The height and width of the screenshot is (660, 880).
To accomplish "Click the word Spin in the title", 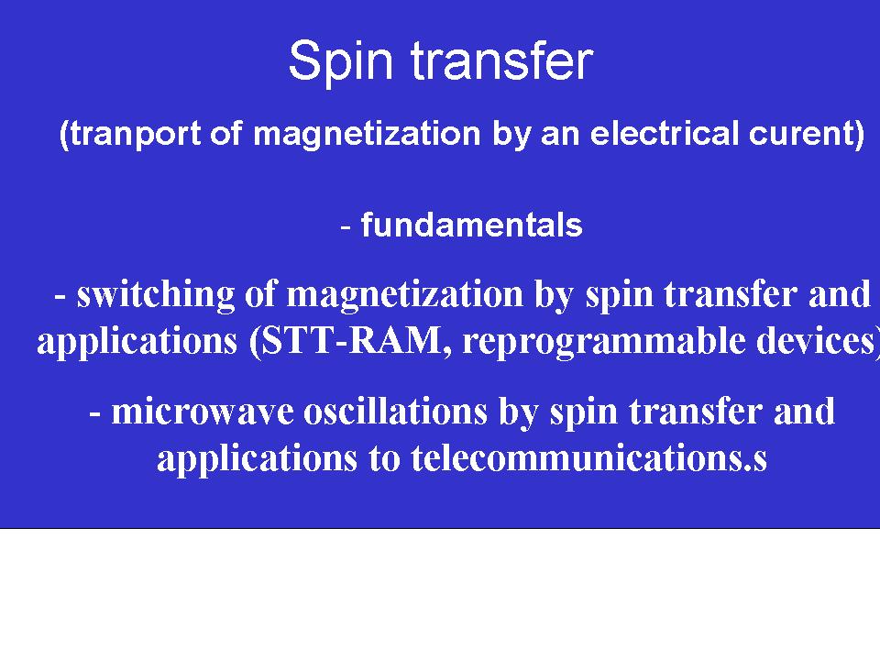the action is [x=340, y=61].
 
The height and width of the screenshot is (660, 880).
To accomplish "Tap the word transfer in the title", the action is [x=502, y=60].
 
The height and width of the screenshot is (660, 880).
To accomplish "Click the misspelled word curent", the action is [x=800, y=134].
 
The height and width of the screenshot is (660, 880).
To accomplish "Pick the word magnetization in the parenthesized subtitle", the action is [x=367, y=135].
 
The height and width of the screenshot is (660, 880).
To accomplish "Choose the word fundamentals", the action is [x=471, y=225].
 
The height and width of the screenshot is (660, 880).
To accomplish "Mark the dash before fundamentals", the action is [x=346, y=226].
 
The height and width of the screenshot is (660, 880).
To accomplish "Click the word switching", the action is [x=156, y=295].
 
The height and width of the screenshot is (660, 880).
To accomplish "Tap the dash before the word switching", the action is [x=60, y=296].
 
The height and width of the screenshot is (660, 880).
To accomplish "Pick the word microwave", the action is [x=203, y=412].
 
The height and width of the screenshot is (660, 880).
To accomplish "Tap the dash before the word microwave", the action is [x=94, y=414].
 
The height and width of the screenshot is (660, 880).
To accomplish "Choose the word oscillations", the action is [x=395, y=412].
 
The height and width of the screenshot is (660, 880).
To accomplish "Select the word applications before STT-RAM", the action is [x=137, y=342].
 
